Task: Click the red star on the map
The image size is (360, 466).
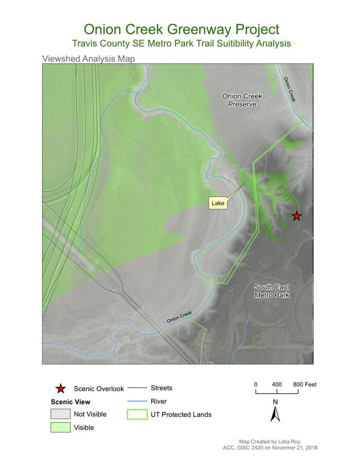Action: (x=296, y=216)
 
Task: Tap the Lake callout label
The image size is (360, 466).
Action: (x=218, y=203)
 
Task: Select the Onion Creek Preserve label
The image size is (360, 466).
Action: (x=242, y=100)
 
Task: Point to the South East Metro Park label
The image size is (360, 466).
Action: (x=272, y=291)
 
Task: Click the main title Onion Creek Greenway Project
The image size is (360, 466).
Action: (x=181, y=29)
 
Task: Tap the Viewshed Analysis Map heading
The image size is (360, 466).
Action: (x=88, y=58)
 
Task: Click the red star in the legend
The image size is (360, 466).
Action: (x=61, y=389)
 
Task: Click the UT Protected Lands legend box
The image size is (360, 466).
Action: (x=137, y=415)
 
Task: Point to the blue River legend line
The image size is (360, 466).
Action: (x=137, y=401)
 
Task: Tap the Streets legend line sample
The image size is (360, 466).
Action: (x=137, y=388)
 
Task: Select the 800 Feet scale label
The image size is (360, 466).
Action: (x=305, y=384)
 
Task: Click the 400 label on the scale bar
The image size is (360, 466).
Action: (x=276, y=384)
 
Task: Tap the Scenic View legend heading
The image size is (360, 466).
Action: (x=71, y=402)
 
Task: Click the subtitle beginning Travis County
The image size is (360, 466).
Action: (x=181, y=43)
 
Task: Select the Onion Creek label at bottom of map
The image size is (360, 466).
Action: (x=179, y=317)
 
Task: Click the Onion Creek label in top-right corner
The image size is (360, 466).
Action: (x=289, y=89)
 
